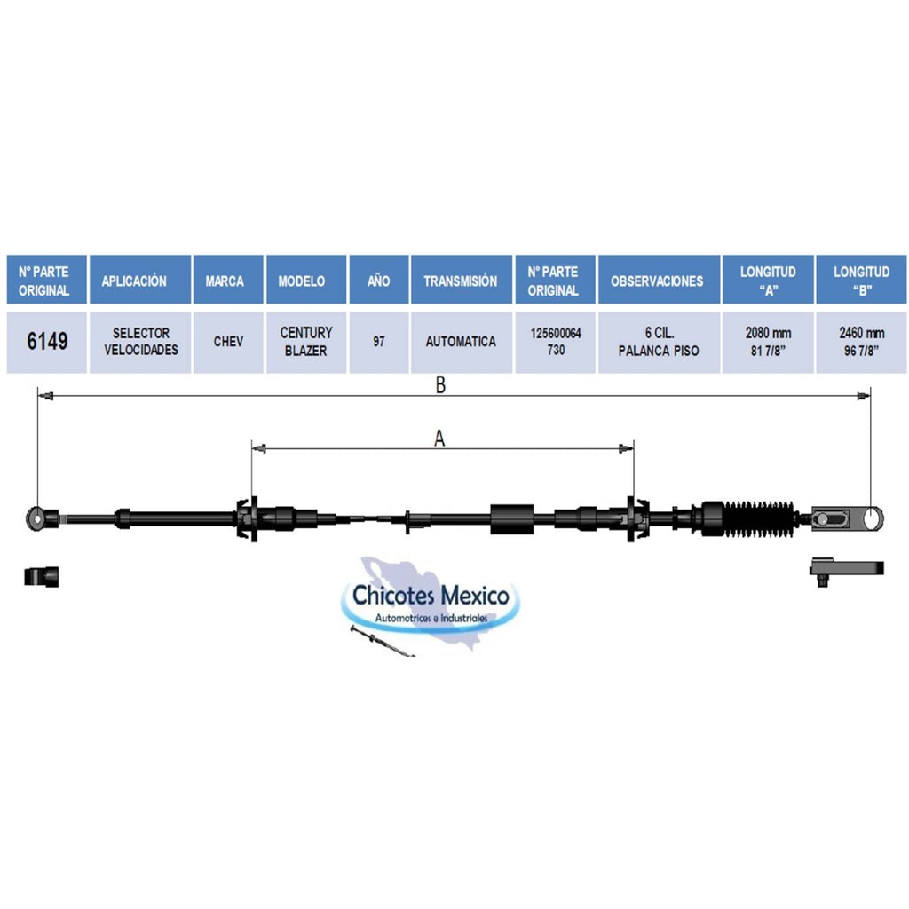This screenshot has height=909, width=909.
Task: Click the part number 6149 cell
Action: (x=47, y=342)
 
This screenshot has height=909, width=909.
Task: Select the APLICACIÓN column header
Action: (x=140, y=280)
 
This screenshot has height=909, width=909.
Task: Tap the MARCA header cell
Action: (x=228, y=280)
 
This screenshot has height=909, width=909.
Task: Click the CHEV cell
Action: (x=228, y=342)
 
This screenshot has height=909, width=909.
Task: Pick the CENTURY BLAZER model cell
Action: (x=306, y=342)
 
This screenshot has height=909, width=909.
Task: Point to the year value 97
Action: (x=378, y=342)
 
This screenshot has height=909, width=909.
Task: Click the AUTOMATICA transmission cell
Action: (x=462, y=342)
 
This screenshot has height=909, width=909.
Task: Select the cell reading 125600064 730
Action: (x=556, y=342)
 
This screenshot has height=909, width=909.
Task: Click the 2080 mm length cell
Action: (x=768, y=342)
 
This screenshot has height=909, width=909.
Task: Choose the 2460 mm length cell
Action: (x=861, y=342)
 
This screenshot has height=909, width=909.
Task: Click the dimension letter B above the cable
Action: (x=440, y=385)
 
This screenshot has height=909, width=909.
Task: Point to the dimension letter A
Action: (x=439, y=439)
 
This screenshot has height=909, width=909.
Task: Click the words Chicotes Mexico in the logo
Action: (x=431, y=596)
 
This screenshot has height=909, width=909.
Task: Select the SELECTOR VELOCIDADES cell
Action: (x=140, y=342)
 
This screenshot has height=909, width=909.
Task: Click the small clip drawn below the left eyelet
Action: (x=41, y=576)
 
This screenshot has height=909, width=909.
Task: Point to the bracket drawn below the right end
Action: (x=846, y=570)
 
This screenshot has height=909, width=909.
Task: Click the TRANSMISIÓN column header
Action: (x=462, y=280)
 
